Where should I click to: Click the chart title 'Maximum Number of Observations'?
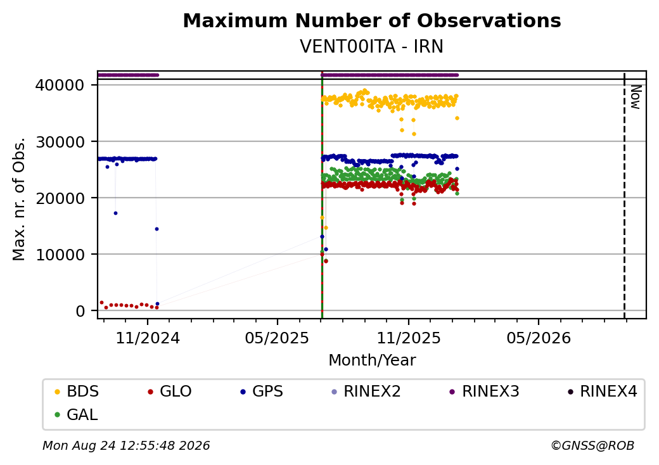[x=372, y=20]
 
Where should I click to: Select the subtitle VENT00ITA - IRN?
[x=372, y=46]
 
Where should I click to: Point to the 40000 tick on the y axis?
[x=60, y=86]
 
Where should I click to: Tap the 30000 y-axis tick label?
[x=60, y=142]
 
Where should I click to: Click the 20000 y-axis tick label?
[x=60, y=198]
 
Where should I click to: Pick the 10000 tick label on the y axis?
[x=60, y=255]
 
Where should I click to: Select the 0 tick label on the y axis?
[x=80, y=311]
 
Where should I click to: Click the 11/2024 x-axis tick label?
[x=148, y=338]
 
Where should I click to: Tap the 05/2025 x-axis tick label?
[x=278, y=338]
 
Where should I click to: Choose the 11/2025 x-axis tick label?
[x=409, y=338]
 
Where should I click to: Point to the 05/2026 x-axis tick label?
[x=539, y=338]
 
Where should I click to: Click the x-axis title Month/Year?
[x=372, y=360]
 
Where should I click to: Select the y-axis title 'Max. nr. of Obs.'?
[x=19, y=199]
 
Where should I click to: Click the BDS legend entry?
[x=77, y=392]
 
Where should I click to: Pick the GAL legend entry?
[x=77, y=414]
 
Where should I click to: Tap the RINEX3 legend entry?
[x=485, y=392]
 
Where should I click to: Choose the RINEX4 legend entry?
[x=603, y=392]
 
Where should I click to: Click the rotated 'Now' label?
[x=636, y=97]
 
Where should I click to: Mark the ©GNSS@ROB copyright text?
[x=592, y=445]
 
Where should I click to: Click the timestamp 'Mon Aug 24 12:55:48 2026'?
[x=126, y=445]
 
